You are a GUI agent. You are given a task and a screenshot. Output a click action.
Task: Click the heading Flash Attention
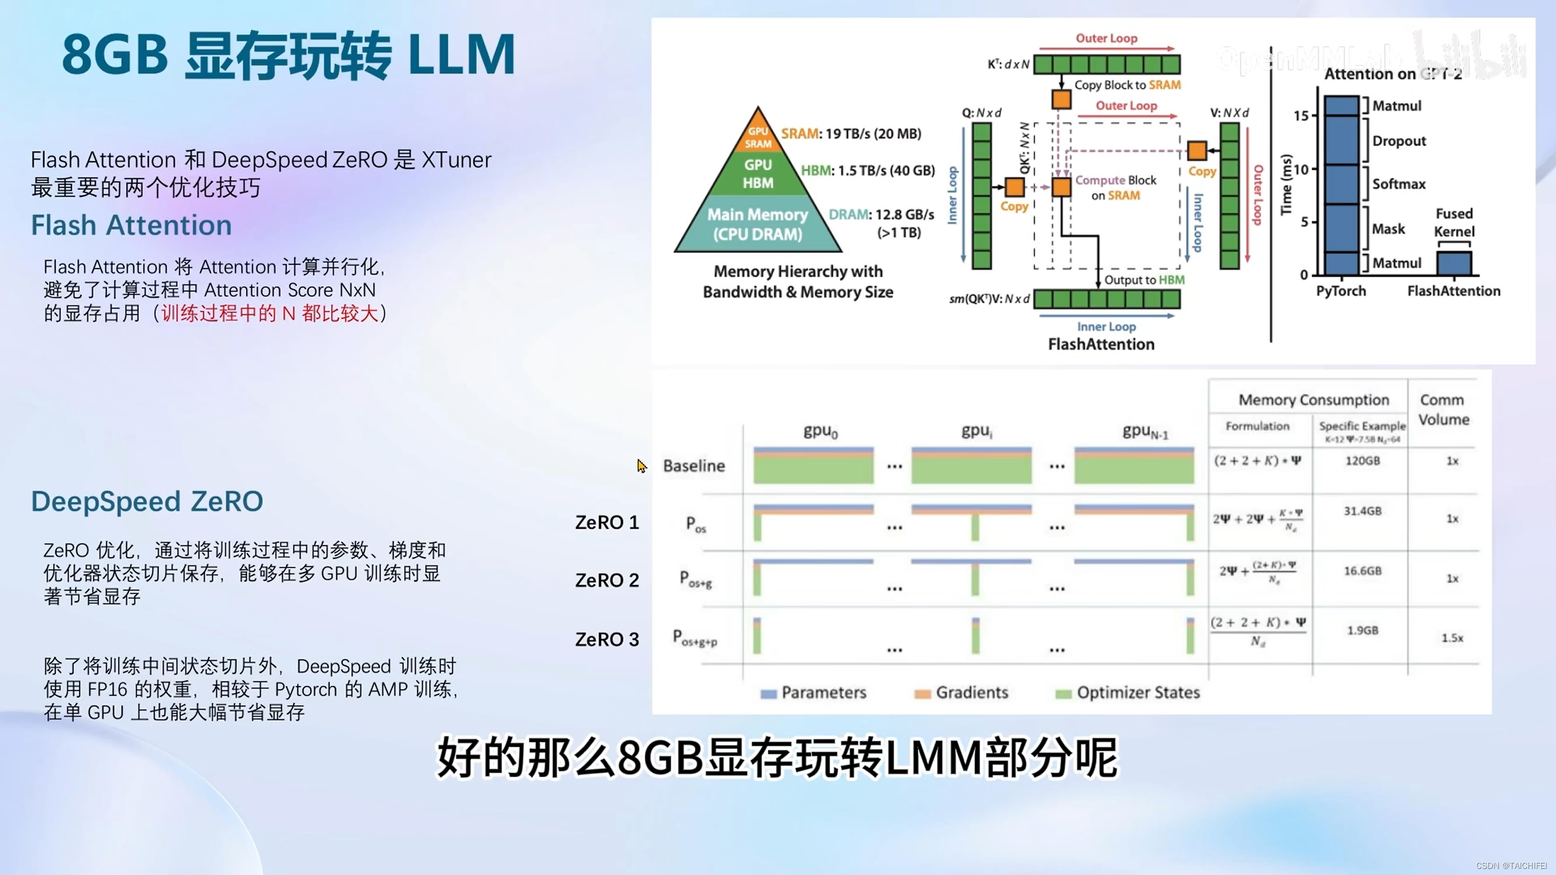click(131, 225)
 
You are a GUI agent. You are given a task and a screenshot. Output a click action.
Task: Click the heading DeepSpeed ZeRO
click(147, 501)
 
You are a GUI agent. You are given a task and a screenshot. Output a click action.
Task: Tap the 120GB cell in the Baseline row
click(1362, 461)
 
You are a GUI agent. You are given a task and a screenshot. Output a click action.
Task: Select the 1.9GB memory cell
click(1362, 630)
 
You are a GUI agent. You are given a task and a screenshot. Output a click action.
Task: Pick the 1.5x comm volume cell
click(1452, 637)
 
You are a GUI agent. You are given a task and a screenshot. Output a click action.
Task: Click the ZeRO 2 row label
click(607, 580)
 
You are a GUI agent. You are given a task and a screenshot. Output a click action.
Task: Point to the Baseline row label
click(694, 466)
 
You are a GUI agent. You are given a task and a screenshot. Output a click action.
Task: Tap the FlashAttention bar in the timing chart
click(1454, 264)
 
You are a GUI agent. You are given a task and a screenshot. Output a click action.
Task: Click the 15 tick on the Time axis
click(1301, 115)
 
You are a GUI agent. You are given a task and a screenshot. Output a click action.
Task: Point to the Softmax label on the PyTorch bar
click(1399, 184)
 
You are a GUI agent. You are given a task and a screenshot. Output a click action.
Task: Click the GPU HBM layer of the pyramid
click(758, 174)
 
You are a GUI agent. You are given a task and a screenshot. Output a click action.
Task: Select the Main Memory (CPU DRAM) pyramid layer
click(757, 224)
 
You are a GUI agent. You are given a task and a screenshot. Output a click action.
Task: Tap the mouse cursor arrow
click(641, 465)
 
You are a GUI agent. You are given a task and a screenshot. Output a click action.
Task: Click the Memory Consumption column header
click(1313, 400)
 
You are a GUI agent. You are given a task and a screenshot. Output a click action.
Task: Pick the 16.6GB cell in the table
click(1362, 571)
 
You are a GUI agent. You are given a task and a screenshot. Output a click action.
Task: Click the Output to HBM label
click(1144, 280)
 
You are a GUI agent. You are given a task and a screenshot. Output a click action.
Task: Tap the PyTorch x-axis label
click(1341, 291)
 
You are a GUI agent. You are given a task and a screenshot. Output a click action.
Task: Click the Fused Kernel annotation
click(1454, 222)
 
